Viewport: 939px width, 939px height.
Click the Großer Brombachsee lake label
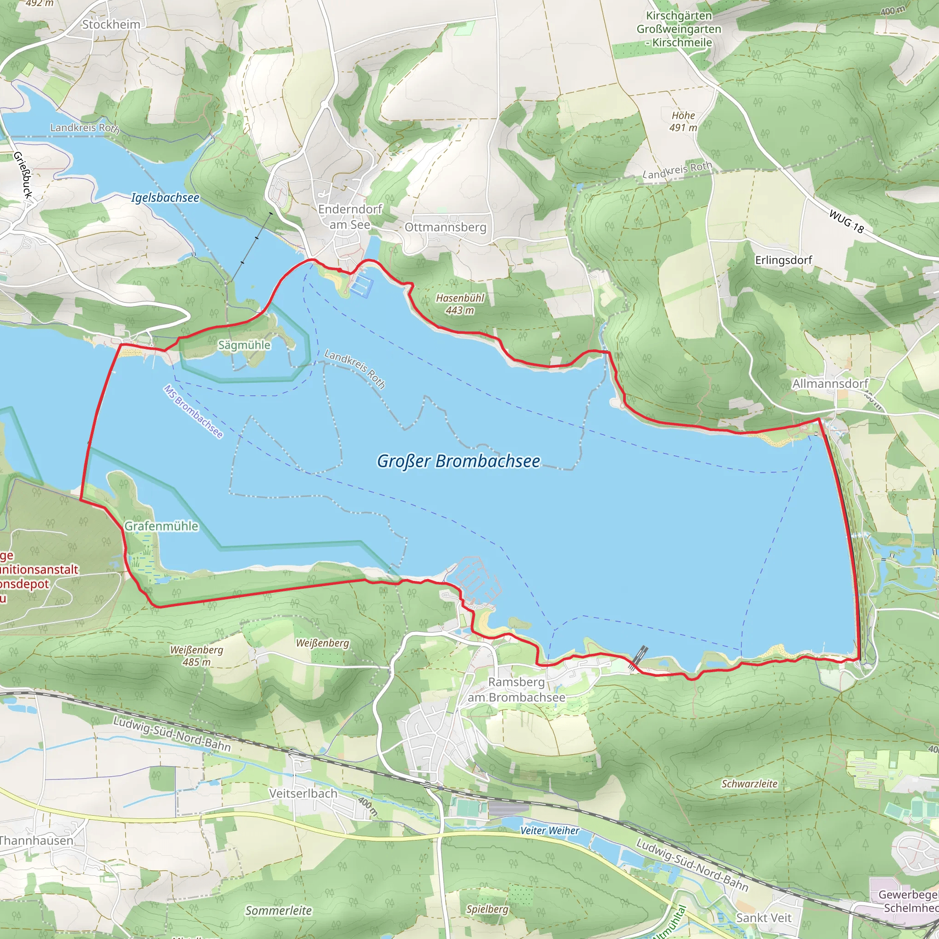[458, 461]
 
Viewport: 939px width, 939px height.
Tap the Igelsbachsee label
[165, 198]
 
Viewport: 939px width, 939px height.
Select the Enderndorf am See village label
[350, 217]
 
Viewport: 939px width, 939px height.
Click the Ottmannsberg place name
[445, 227]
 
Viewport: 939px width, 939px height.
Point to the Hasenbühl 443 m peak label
[460, 304]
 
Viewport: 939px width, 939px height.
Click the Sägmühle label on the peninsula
[244, 345]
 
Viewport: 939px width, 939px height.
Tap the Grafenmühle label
[161, 526]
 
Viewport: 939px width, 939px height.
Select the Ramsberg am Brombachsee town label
[516, 690]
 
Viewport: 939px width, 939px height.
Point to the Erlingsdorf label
[783, 260]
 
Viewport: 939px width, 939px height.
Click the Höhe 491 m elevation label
[683, 122]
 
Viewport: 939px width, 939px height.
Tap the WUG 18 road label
[846, 221]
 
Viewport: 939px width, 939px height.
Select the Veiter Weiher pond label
[549, 831]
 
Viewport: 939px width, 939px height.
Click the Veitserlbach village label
[303, 793]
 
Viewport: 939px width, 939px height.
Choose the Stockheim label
[111, 24]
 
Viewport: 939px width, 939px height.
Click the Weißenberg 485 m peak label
[196, 656]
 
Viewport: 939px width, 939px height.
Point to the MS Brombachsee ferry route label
[193, 412]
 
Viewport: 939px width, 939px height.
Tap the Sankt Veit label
[763, 917]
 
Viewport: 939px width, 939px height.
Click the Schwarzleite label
[749, 784]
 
